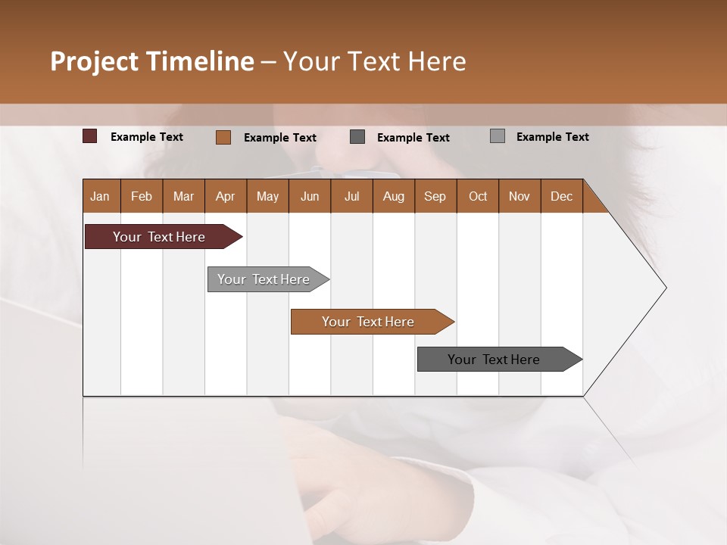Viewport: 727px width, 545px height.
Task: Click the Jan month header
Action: [101, 196]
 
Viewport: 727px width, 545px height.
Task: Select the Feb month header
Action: [142, 196]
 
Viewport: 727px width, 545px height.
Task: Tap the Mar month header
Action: [183, 196]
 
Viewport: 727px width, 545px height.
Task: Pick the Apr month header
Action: [226, 196]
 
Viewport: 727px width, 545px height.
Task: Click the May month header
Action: [267, 196]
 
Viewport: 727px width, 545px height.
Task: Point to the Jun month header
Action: [310, 196]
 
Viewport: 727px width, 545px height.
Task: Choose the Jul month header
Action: [351, 196]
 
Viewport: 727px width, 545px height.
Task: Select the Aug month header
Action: [394, 196]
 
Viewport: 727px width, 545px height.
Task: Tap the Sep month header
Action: [435, 196]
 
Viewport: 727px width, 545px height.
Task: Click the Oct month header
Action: [478, 196]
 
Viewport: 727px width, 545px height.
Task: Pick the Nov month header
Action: [520, 196]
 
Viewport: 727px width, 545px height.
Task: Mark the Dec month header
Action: [562, 196]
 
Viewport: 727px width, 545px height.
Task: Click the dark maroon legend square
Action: [90, 136]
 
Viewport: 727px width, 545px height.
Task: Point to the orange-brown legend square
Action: [223, 137]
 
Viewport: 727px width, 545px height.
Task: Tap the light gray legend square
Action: [498, 136]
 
